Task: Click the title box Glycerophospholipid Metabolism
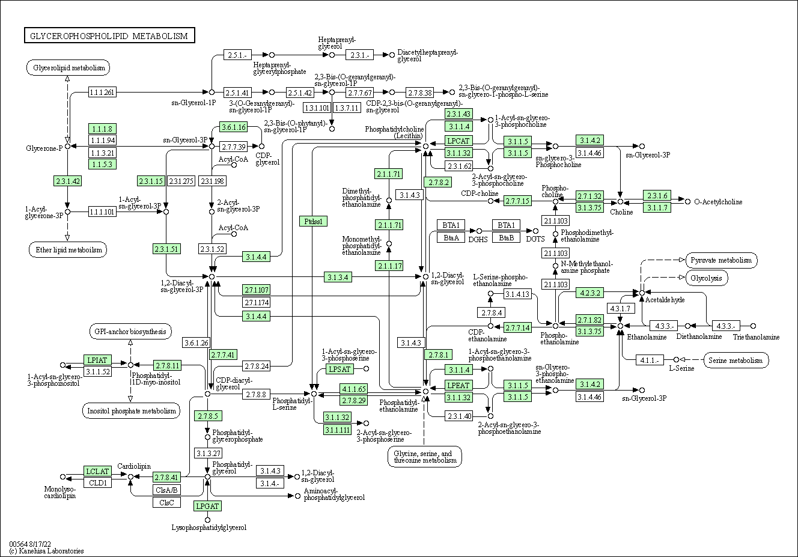click(109, 36)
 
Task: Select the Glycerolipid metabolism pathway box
click(69, 68)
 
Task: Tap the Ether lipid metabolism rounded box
click(67, 249)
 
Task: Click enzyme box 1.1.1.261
click(102, 92)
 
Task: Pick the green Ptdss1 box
click(313, 221)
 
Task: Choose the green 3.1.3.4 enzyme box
click(338, 277)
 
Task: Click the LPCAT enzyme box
click(458, 141)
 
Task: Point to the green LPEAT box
click(458, 385)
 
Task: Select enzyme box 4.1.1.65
click(353, 389)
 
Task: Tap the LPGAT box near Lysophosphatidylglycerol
click(207, 506)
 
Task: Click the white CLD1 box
click(97, 482)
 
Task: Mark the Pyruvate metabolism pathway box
click(721, 260)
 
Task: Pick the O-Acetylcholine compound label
click(718, 202)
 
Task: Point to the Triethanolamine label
click(756, 337)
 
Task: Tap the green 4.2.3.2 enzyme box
click(589, 293)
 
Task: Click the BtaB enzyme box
click(506, 237)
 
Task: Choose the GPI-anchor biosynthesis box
click(130, 331)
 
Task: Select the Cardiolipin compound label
click(133, 466)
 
